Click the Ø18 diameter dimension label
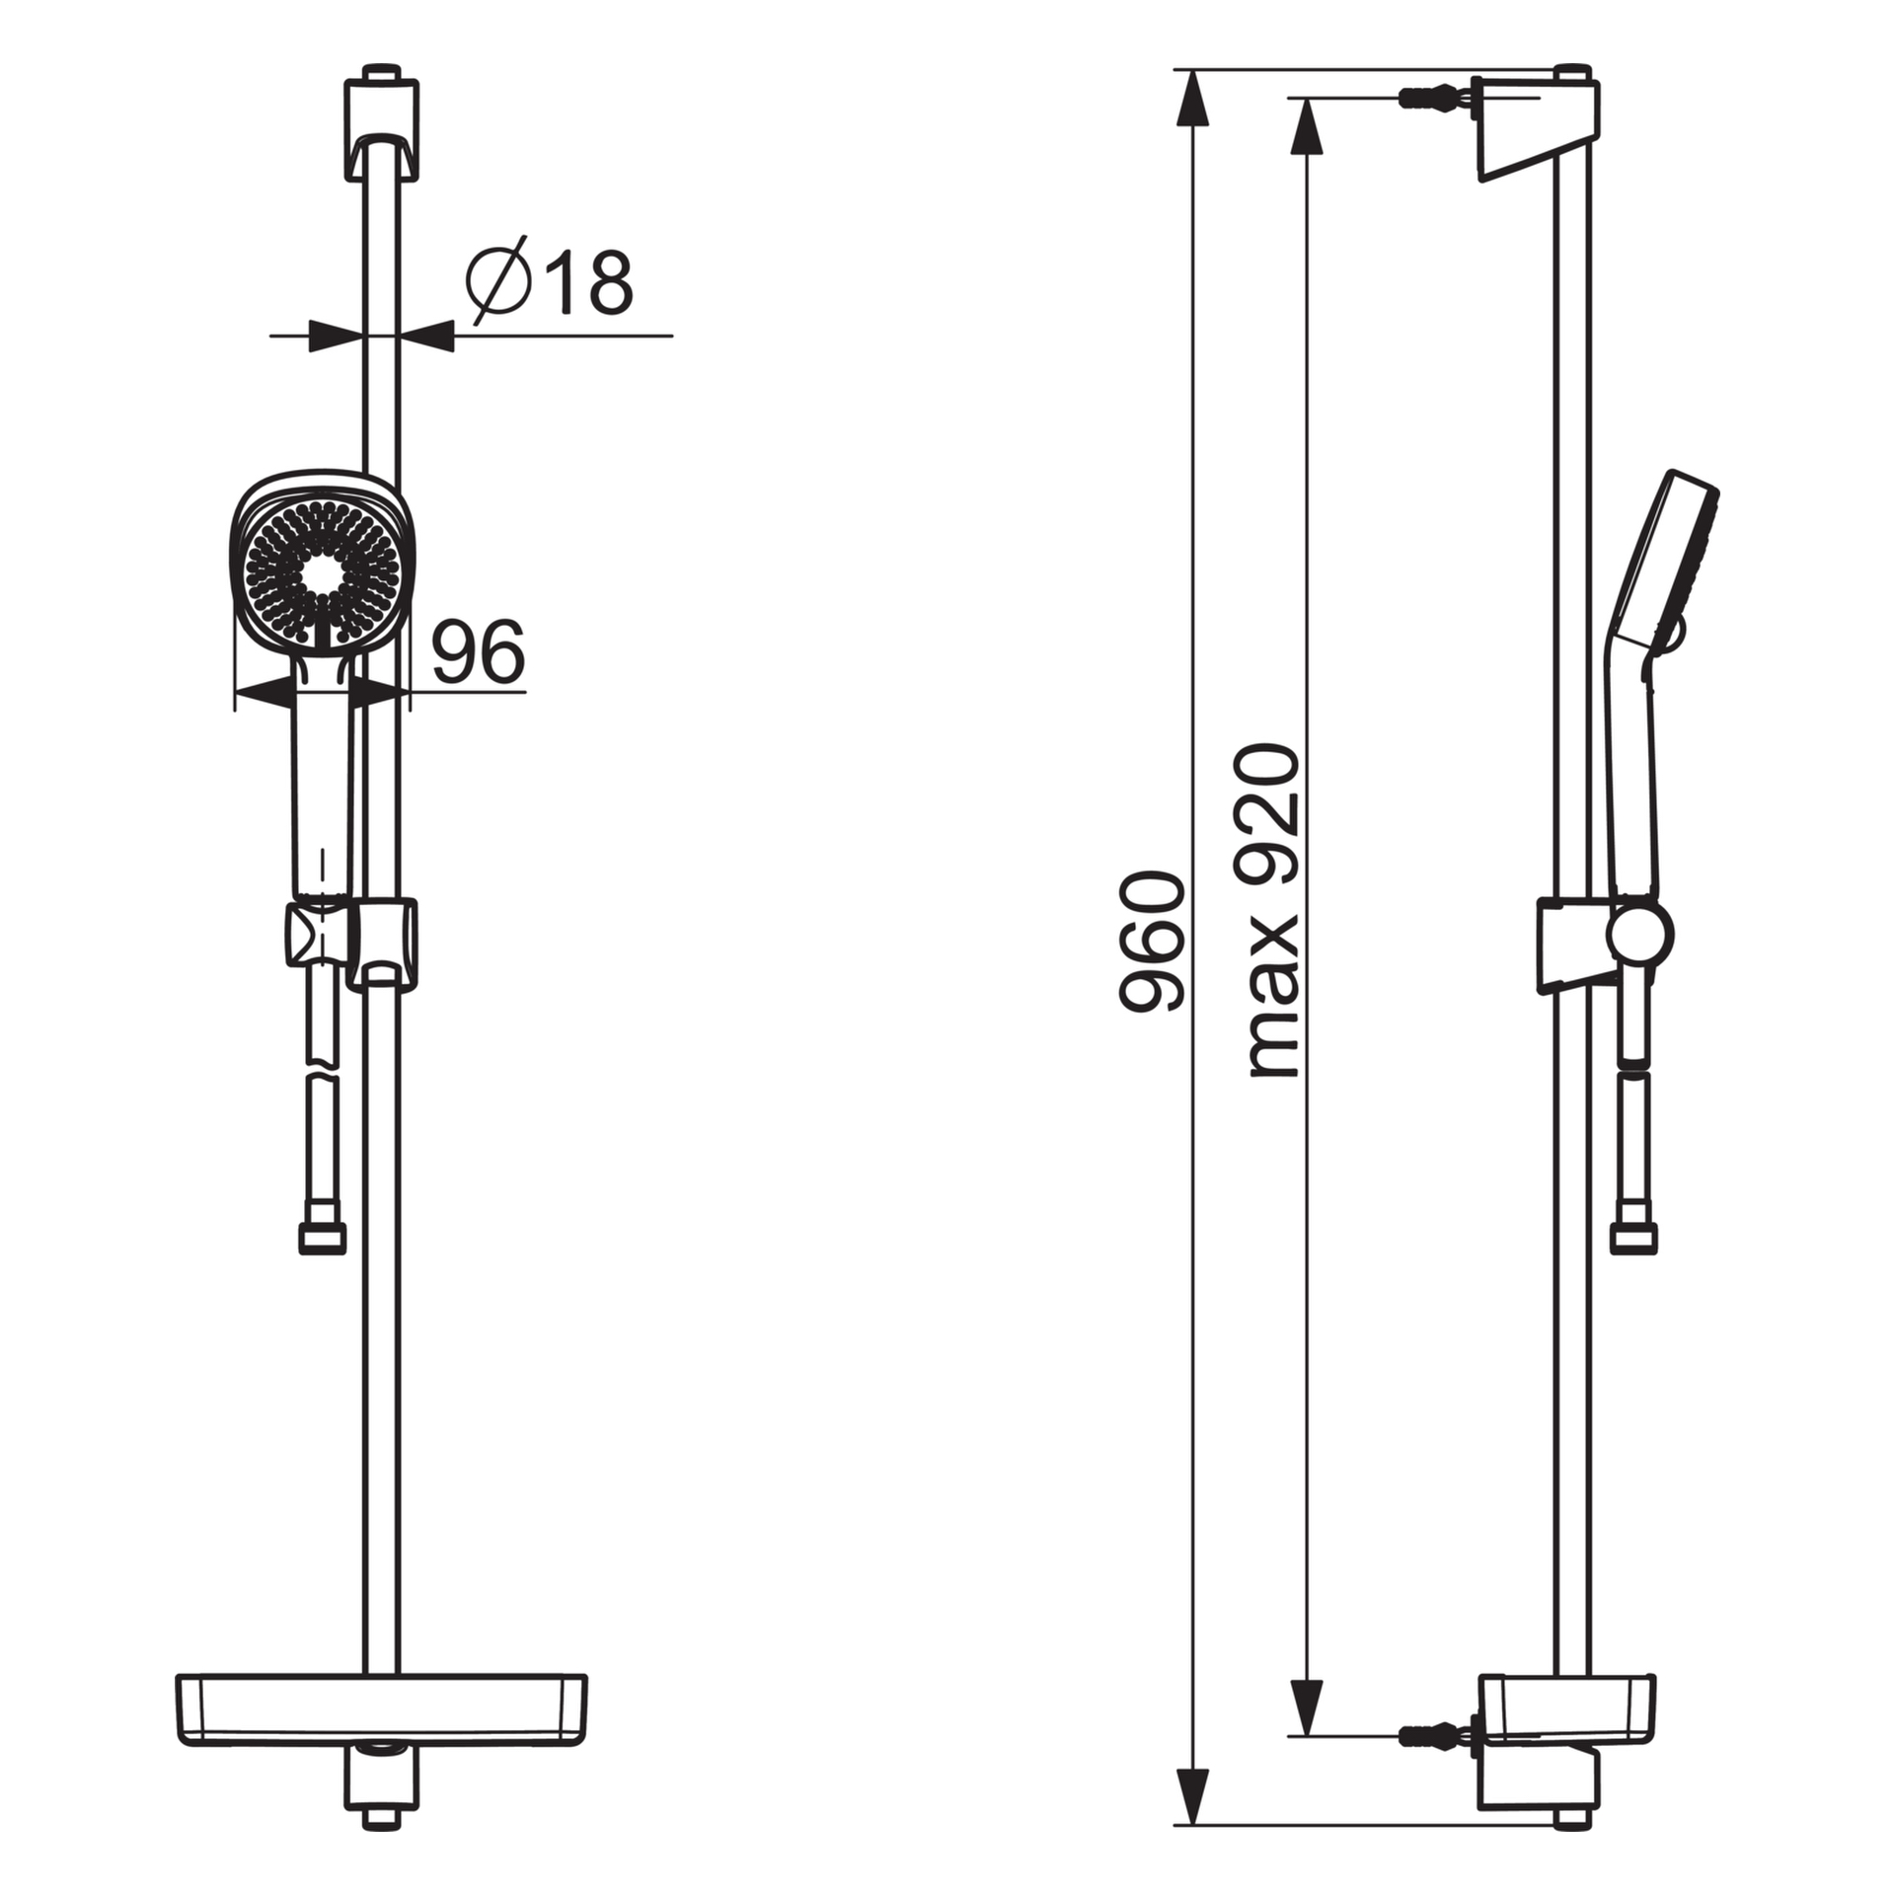click(x=550, y=281)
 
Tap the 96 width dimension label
click(x=479, y=651)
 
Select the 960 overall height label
click(x=1151, y=942)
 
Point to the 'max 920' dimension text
click(x=1273, y=911)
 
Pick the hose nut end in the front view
click(x=323, y=1239)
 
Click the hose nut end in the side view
click(x=1633, y=1239)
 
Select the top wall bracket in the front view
click(x=381, y=125)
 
